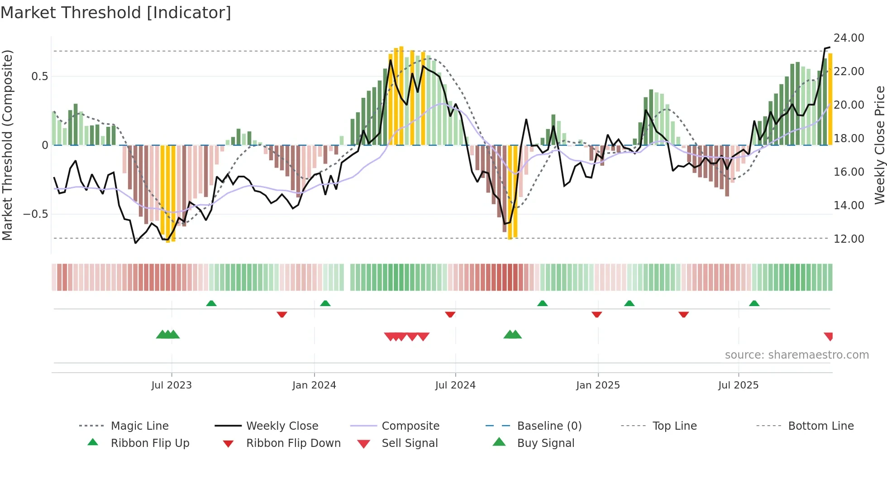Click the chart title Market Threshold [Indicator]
pyautogui.click(x=116, y=13)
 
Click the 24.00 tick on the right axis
pyautogui.click(x=849, y=38)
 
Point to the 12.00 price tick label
pyautogui.click(x=849, y=239)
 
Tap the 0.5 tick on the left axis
pyautogui.click(x=40, y=77)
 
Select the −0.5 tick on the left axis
pyautogui.click(x=36, y=214)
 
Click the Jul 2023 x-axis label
pyautogui.click(x=172, y=385)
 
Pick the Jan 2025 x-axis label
pyautogui.click(x=598, y=385)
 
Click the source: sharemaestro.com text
pyautogui.click(x=796, y=355)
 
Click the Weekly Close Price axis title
pyautogui.click(x=879, y=145)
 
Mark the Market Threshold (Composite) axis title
pyautogui.click(x=7, y=145)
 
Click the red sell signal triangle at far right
pyautogui.click(x=829, y=336)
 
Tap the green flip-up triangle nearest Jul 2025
pyautogui.click(x=754, y=303)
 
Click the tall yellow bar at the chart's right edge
pyautogui.click(x=830, y=100)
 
